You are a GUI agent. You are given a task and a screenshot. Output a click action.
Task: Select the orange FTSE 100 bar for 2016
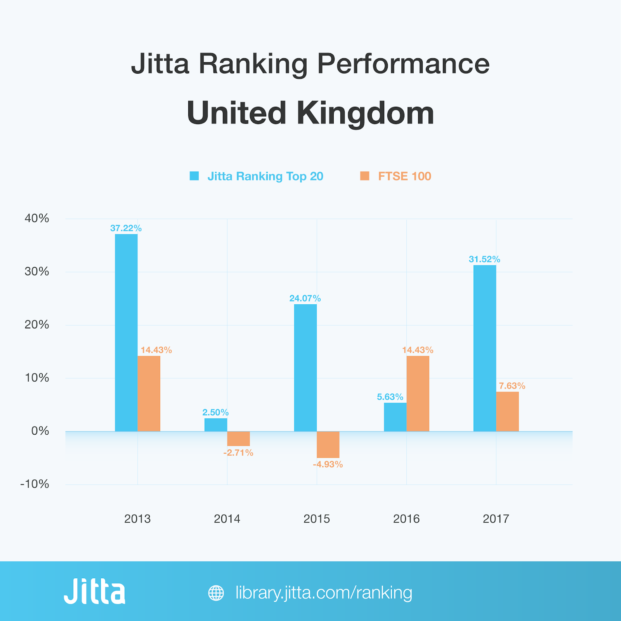(x=418, y=394)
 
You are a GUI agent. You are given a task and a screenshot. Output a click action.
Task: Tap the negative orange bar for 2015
(x=328, y=444)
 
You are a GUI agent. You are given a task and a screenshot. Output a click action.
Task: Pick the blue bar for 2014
(x=216, y=425)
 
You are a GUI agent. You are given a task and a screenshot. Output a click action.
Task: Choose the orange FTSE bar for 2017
(x=508, y=411)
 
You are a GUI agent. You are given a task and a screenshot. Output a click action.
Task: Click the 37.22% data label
(x=126, y=228)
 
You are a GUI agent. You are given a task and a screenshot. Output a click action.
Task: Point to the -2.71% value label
(x=238, y=453)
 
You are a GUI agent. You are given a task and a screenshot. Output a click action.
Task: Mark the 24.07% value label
(x=305, y=298)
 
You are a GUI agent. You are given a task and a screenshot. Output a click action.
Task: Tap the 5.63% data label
(x=390, y=397)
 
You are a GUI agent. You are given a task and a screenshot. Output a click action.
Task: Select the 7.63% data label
(x=512, y=386)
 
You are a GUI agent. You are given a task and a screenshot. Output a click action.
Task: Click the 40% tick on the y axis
(x=37, y=218)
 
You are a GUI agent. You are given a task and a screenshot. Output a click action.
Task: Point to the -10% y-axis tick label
(x=35, y=484)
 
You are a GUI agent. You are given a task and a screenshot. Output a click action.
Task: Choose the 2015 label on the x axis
(x=317, y=519)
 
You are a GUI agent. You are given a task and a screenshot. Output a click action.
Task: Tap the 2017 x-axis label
(x=496, y=519)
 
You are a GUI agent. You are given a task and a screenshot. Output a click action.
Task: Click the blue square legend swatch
(x=194, y=176)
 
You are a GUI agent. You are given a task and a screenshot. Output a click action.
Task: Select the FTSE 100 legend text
(x=404, y=176)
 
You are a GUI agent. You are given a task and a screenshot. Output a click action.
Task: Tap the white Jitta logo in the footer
(x=95, y=592)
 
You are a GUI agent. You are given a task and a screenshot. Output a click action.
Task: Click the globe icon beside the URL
(x=216, y=593)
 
